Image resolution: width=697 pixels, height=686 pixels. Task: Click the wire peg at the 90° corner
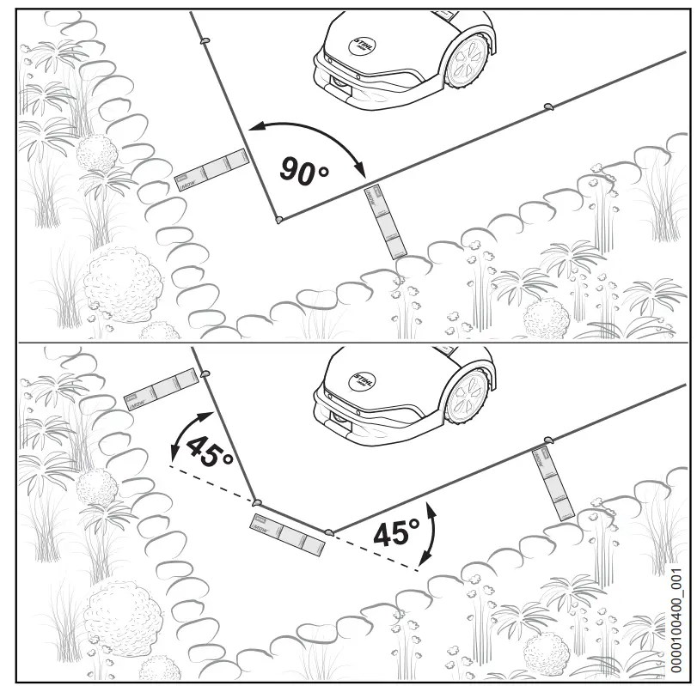278,220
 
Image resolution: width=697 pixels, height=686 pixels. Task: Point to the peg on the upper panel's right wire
548,106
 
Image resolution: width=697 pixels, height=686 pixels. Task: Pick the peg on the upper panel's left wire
205,40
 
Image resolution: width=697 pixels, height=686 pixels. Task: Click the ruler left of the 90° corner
211,170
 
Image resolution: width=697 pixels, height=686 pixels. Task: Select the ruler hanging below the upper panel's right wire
385,222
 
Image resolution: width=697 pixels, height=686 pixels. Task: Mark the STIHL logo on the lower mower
362,380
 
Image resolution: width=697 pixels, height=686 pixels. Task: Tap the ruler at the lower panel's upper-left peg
162,387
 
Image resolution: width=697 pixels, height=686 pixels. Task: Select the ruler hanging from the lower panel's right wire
555,482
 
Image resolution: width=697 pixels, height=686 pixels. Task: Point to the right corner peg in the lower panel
329,531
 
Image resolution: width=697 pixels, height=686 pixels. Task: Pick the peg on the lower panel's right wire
547,441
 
